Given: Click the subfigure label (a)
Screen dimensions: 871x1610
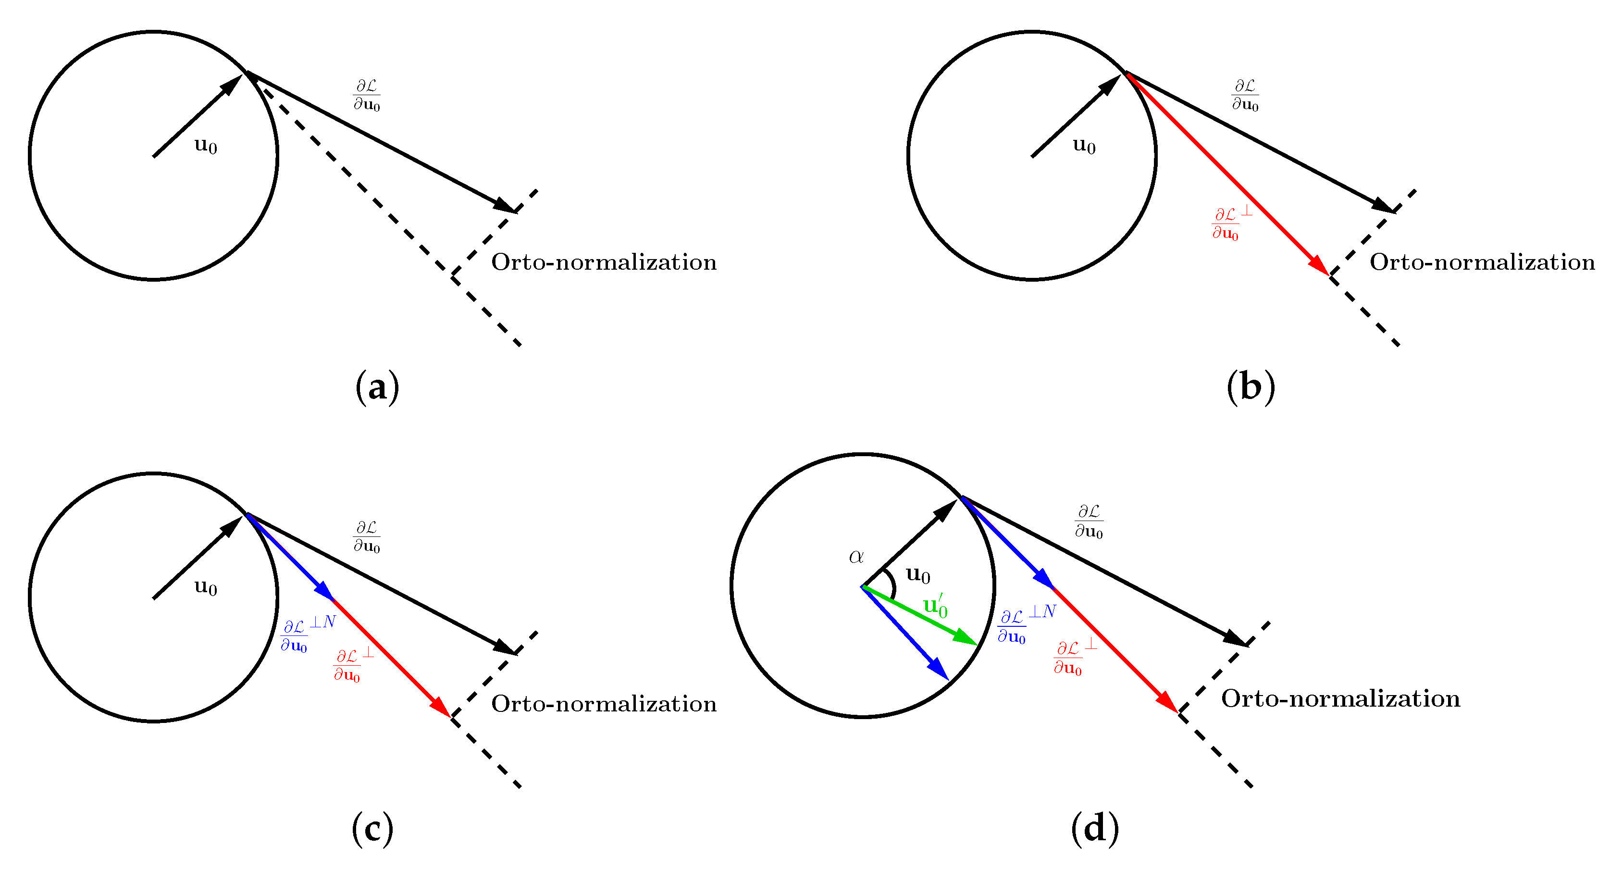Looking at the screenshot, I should click(377, 387).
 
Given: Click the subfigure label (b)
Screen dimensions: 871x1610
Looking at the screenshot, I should click(1251, 387).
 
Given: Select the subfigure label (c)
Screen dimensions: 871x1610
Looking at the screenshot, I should click(373, 829).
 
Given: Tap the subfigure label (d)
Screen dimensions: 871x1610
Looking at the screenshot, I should click(1095, 829).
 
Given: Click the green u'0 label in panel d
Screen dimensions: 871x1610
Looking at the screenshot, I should click(936, 607).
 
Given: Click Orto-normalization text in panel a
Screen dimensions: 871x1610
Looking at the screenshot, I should click(604, 262).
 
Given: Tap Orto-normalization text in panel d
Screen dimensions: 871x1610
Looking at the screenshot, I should click(1340, 698).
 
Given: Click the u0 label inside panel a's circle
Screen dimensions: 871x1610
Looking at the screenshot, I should click(206, 146).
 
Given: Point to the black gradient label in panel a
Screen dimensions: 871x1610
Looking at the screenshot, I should click(367, 95).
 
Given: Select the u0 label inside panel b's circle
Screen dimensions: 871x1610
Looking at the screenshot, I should click(1084, 146).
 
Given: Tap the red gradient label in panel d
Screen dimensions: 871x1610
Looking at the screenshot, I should click(1073, 657).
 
